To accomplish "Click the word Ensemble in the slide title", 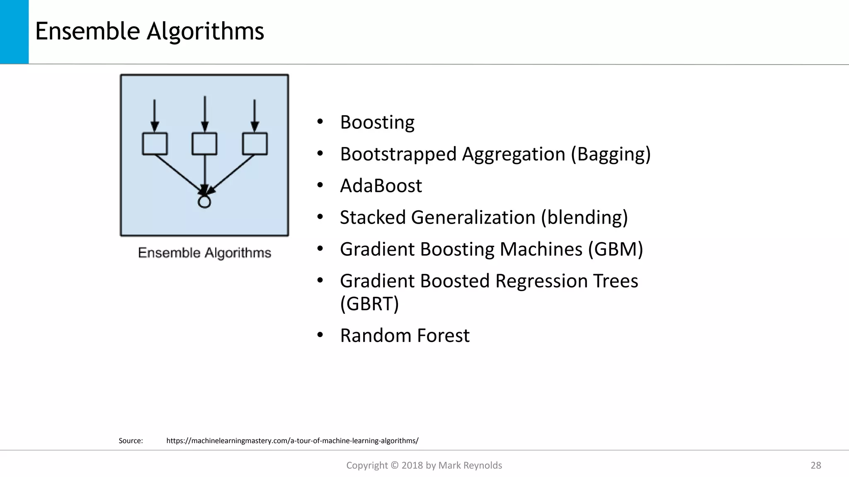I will click(87, 31).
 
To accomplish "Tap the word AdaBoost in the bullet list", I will click(381, 186).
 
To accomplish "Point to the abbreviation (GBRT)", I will click(369, 304).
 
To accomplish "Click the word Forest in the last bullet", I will click(443, 336).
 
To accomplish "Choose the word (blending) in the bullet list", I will click(584, 218).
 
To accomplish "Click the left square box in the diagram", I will click(155, 144).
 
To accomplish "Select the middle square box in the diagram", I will click(204, 144).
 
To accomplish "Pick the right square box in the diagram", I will click(255, 144).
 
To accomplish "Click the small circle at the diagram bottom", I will click(204, 202).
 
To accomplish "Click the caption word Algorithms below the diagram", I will click(238, 253).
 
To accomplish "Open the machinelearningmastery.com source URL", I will click(292, 441).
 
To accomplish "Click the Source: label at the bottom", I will click(131, 441).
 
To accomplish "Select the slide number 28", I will click(815, 465).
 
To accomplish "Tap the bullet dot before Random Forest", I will click(320, 335).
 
